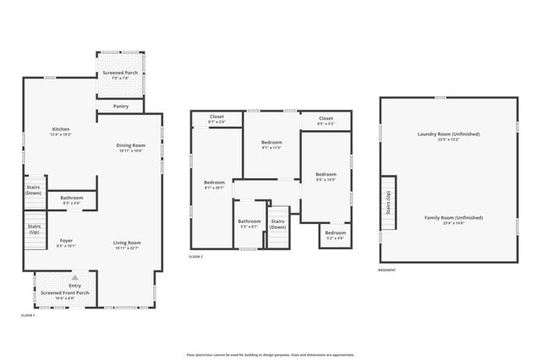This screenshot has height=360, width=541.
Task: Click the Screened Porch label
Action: tap(121, 74)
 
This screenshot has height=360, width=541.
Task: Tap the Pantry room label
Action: tap(121, 106)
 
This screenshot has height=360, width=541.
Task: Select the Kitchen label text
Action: tap(60, 129)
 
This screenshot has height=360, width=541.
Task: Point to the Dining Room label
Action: tap(130, 145)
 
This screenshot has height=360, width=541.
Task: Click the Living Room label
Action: tap(127, 243)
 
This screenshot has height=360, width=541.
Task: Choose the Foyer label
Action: tap(66, 241)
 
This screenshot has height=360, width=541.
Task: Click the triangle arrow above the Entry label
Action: tap(75, 277)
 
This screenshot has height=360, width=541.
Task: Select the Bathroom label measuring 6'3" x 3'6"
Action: tap(71, 198)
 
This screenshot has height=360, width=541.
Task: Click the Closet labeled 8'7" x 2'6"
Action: tap(216, 117)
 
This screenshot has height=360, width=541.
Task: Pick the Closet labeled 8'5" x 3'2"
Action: tap(325, 118)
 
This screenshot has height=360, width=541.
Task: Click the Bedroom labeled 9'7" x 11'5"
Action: tap(271, 143)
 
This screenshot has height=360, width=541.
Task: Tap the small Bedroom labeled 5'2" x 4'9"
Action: tap(336, 232)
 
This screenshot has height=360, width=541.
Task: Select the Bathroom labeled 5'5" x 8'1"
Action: tap(249, 222)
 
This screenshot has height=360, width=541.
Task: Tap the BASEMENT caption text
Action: tap(388, 270)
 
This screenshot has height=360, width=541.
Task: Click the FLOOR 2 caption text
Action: tap(196, 256)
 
